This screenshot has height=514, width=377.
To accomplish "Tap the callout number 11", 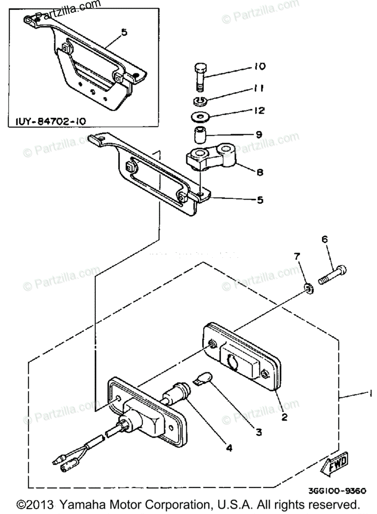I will (259, 88).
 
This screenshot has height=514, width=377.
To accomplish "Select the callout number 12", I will (259, 111).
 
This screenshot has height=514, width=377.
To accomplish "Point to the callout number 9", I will (258, 134).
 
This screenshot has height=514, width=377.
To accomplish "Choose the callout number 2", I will (284, 416).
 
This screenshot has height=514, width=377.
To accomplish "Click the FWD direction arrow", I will (335, 463).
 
